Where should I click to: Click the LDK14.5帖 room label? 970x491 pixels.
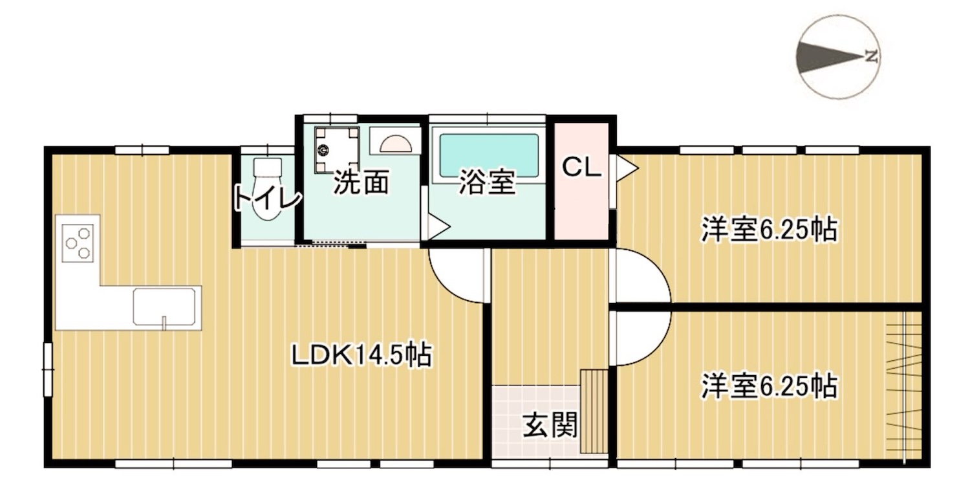click(x=361, y=355)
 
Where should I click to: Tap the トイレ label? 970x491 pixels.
click(x=267, y=197)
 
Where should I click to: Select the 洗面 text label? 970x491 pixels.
click(x=361, y=182)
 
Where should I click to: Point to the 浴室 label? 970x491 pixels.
click(x=487, y=182)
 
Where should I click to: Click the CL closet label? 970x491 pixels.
click(x=581, y=168)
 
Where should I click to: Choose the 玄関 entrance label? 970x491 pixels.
click(x=550, y=425)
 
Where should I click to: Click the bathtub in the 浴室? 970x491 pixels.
click(x=489, y=155)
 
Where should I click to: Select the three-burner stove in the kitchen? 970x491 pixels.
click(x=78, y=243)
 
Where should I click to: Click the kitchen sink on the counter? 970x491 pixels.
click(x=164, y=307)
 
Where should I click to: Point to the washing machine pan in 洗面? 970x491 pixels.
click(x=337, y=150)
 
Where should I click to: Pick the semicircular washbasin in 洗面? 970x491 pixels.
click(x=395, y=143)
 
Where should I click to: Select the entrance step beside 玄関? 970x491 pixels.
click(x=594, y=411)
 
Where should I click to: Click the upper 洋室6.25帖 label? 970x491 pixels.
click(x=770, y=230)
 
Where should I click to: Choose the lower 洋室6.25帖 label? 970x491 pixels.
click(x=770, y=386)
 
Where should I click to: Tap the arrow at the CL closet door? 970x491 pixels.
click(x=627, y=168)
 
